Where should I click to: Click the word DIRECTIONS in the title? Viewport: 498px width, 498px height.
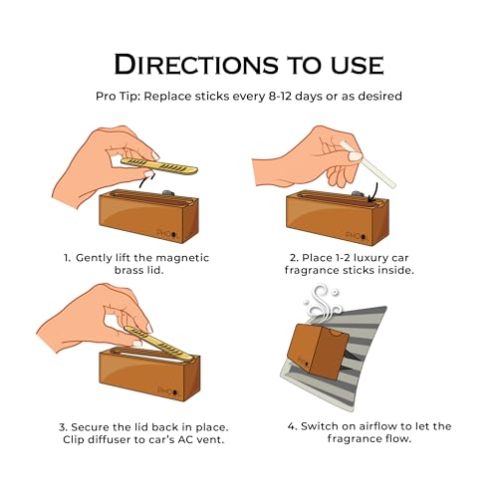[196, 64]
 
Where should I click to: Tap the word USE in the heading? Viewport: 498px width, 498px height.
[358, 65]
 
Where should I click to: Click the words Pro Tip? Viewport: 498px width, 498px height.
[118, 97]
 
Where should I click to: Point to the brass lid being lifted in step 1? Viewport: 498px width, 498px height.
[159, 165]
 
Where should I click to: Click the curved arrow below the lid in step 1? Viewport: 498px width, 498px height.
[146, 180]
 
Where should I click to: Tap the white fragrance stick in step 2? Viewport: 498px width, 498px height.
[368, 163]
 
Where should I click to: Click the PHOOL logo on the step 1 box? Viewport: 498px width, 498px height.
[167, 234]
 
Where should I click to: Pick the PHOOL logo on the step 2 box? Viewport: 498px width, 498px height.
[357, 236]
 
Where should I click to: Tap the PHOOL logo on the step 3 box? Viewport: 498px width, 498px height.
[168, 391]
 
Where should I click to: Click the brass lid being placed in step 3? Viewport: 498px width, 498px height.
[158, 344]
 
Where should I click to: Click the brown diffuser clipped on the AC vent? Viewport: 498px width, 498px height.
[318, 352]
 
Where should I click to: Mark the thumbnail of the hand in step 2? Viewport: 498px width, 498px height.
[355, 156]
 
